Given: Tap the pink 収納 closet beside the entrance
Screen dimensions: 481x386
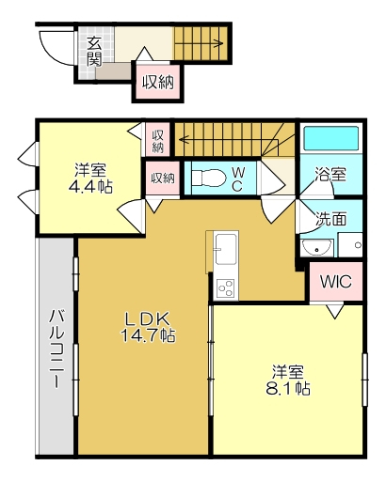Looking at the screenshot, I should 158,82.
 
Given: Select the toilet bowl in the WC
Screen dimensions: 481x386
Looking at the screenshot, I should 208,176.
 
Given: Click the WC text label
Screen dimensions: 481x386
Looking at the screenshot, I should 238,178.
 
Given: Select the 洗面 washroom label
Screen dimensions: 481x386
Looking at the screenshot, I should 330,221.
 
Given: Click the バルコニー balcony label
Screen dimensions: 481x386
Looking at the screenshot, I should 56,349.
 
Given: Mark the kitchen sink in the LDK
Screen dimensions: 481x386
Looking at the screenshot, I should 226,250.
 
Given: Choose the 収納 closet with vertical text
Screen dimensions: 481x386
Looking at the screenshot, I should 158,140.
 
